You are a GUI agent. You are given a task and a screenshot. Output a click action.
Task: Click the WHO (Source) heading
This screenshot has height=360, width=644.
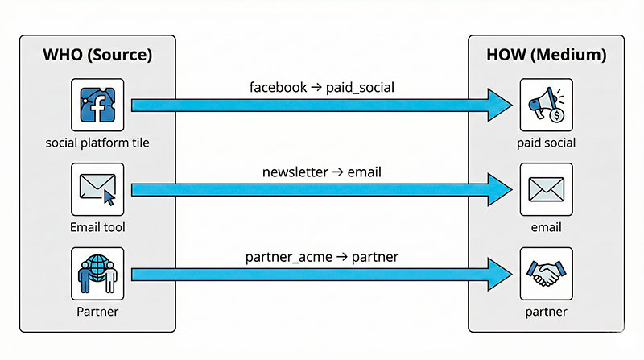click(97, 57)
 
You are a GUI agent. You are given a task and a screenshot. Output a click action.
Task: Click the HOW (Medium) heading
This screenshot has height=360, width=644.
click(546, 57)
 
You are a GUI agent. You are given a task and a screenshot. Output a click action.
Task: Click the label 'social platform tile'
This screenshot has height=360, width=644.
click(97, 143)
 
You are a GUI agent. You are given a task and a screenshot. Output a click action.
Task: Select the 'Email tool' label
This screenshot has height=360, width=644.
click(97, 228)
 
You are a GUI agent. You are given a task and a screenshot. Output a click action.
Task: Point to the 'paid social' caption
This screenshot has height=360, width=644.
click(546, 143)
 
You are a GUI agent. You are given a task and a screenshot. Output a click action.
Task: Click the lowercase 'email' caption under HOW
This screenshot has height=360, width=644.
click(546, 228)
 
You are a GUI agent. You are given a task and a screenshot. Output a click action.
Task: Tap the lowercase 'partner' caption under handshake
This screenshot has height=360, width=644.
click(546, 312)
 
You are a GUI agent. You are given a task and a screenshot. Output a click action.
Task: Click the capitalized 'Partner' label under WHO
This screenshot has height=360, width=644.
click(97, 312)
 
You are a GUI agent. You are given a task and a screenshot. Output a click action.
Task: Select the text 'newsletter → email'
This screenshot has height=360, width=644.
click(322, 172)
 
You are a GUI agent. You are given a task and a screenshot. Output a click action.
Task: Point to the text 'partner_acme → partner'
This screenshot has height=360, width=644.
click(322, 257)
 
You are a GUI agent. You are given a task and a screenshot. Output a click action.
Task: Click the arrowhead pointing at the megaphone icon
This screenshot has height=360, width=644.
click(499, 105)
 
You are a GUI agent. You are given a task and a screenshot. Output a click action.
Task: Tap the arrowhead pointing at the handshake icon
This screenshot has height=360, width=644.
click(499, 275)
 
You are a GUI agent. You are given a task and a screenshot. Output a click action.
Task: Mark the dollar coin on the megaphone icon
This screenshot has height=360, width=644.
click(556, 116)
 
